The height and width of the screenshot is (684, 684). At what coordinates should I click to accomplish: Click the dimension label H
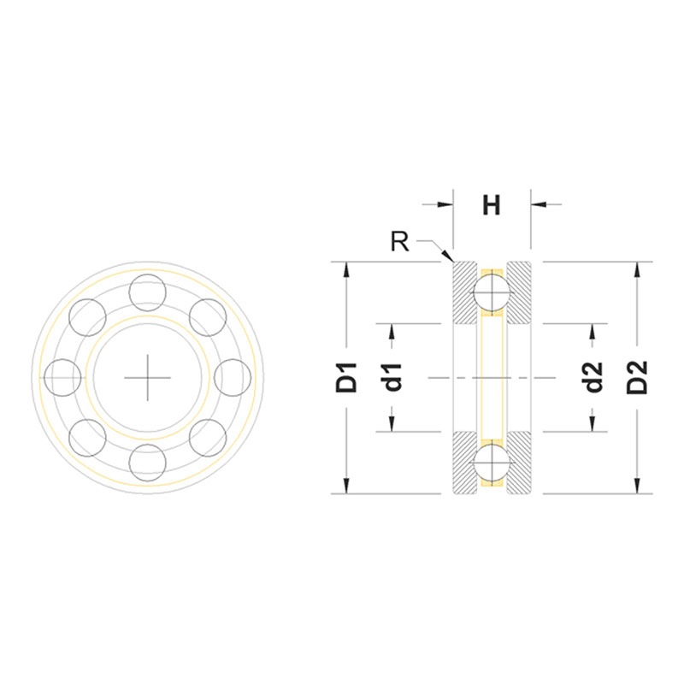point(491,205)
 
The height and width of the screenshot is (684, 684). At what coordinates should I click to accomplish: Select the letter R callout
point(398,241)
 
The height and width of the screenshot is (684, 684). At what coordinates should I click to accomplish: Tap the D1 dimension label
point(346,378)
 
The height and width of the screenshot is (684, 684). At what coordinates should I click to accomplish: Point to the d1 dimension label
point(392,378)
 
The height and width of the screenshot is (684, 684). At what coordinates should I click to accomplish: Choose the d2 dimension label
point(593,378)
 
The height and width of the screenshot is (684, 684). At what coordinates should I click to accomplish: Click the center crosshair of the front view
point(147,376)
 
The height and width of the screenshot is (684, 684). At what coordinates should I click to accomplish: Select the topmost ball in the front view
point(147,292)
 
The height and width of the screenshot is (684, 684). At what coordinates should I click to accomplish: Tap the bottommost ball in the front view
point(147,461)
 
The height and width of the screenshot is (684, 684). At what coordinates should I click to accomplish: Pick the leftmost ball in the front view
point(63,376)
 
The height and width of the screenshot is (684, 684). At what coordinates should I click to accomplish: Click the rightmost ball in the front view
point(232,376)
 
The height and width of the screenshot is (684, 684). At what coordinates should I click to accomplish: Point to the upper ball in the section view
point(492,292)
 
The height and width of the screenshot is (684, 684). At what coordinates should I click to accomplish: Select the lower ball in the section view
point(492,462)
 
